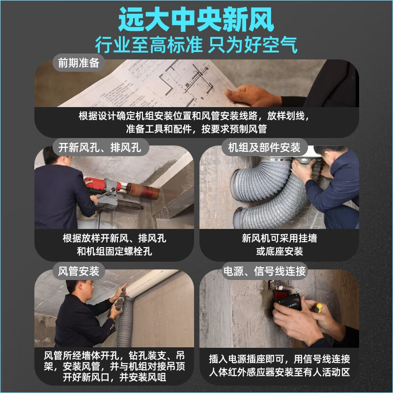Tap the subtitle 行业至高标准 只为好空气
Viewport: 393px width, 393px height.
tap(196, 45)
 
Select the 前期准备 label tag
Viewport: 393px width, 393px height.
tap(79, 63)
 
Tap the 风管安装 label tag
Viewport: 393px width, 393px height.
tap(79, 271)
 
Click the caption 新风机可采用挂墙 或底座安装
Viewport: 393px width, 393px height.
tap(279, 245)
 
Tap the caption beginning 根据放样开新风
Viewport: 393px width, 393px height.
tap(114, 245)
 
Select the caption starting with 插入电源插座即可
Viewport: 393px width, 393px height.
tap(279, 366)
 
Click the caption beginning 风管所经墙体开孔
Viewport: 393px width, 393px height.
tap(114, 366)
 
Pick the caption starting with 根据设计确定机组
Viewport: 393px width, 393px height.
tap(196, 122)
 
